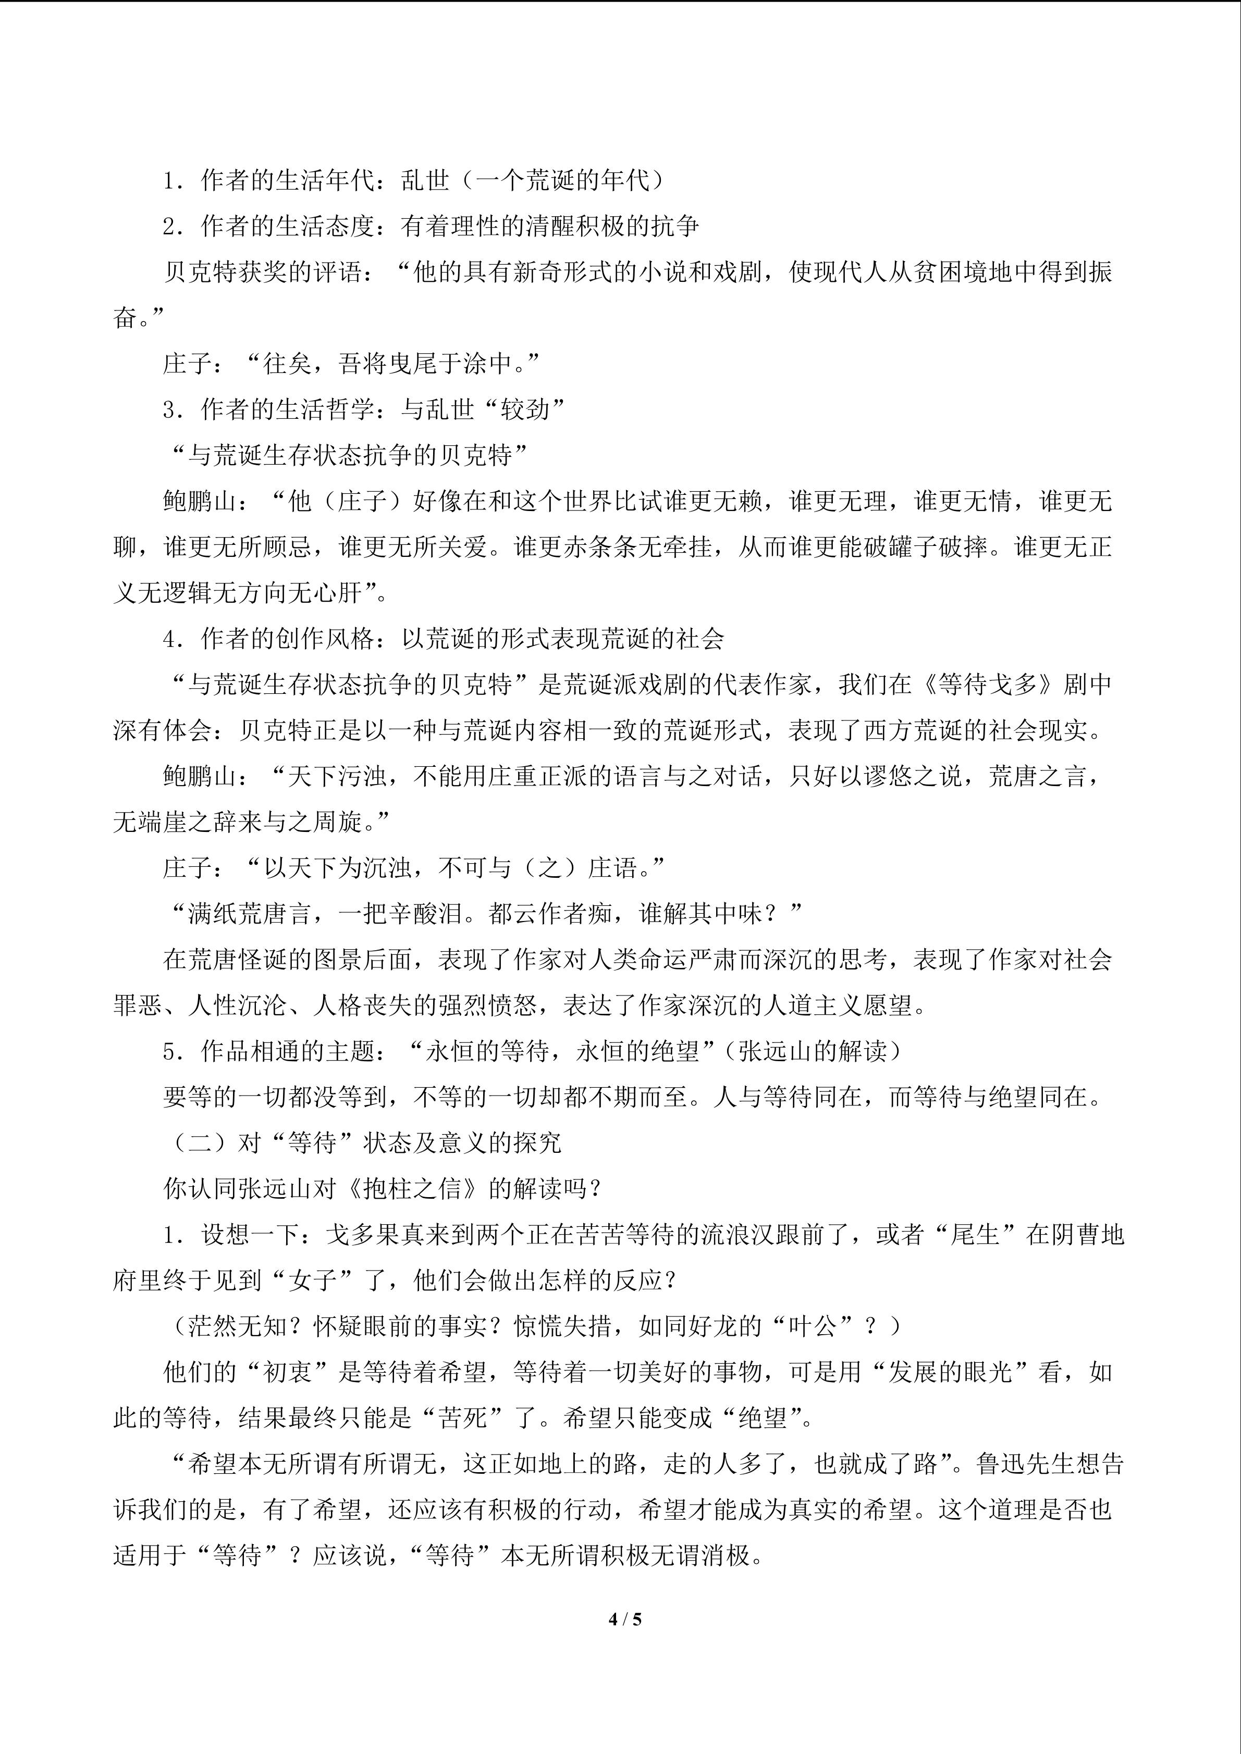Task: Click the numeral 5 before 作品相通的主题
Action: point(169,1051)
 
